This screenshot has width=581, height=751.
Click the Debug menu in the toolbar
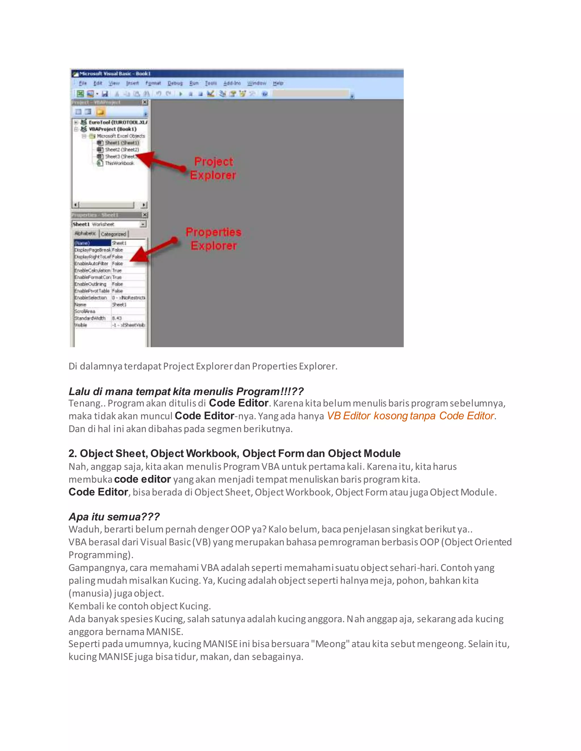[x=175, y=83]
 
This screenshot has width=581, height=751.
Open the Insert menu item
[x=132, y=83]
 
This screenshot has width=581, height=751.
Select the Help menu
[x=278, y=83]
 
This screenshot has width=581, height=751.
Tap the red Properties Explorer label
[x=213, y=239]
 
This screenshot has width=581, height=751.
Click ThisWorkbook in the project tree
[x=119, y=163]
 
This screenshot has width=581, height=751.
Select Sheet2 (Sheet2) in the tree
[x=122, y=150]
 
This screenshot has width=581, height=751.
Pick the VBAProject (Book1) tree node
[x=113, y=129]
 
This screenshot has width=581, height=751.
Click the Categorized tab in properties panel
[x=113, y=234]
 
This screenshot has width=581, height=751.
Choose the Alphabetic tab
[x=85, y=233]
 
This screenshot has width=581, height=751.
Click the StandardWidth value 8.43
[x=117, y=318]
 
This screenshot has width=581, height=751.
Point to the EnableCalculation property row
[x=92, y=270]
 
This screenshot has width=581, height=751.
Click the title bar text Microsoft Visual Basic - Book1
[x=115, y=74]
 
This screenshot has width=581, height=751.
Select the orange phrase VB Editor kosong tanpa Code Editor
[x=410, y=416]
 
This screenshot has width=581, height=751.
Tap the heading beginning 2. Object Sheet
[x=234, y=453]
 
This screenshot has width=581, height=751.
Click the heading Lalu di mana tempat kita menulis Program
[x=186, y=391]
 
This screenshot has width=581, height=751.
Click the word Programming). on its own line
[x=101, y=555]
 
